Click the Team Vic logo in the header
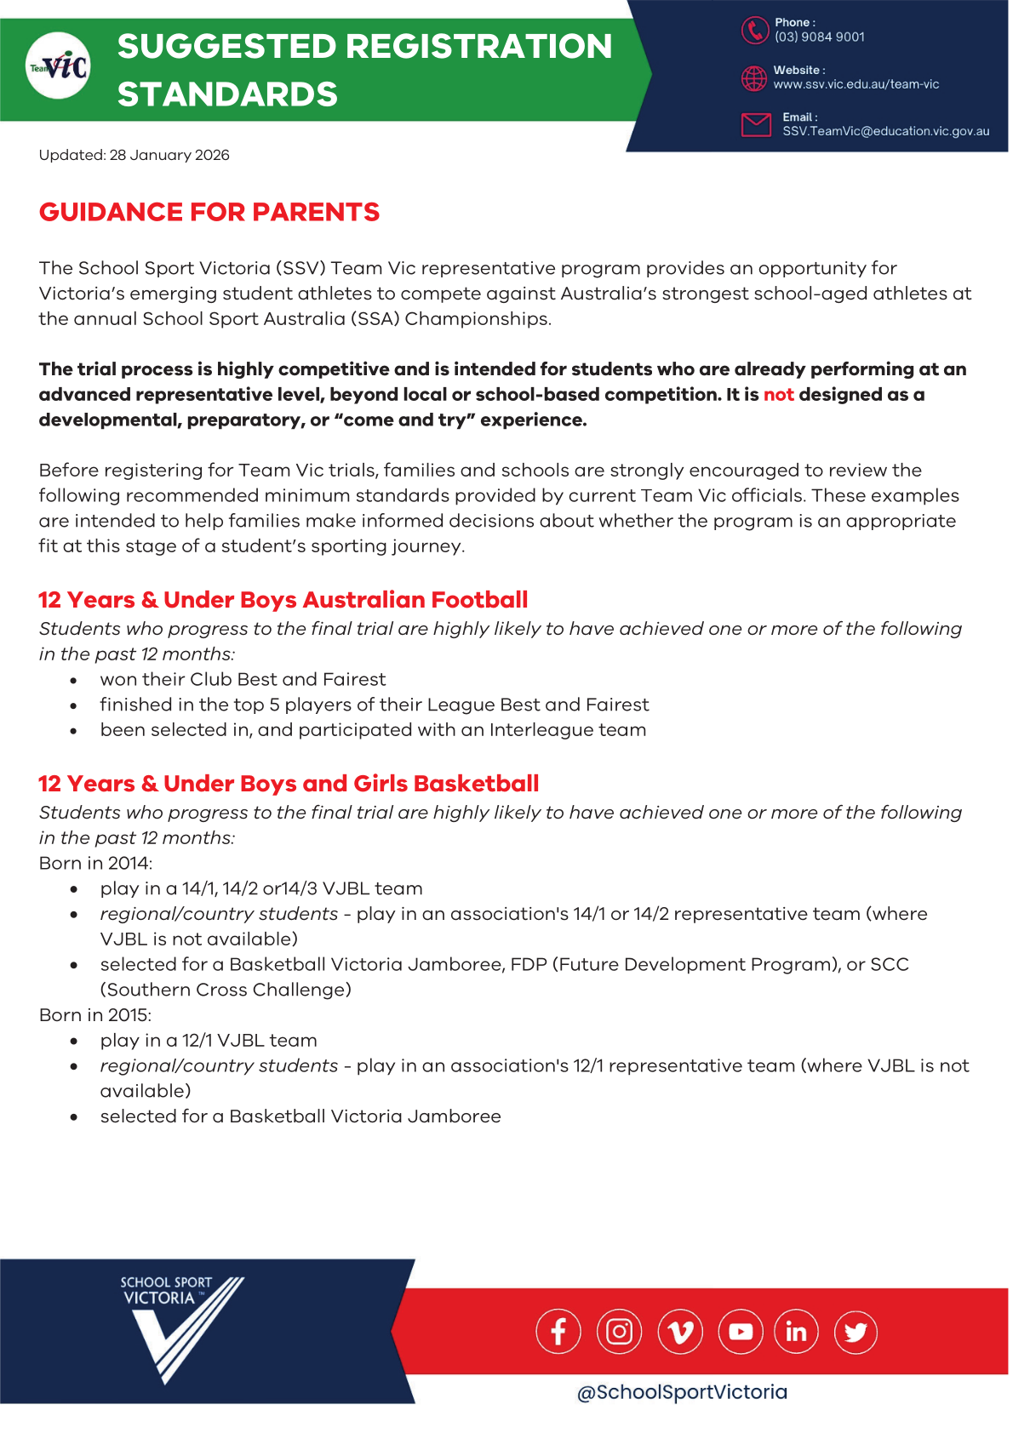(59, 66)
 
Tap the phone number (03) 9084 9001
(819, 37)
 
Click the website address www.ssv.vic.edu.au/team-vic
(856, 84)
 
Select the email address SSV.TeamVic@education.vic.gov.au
(885, 131)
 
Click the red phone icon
(754, 30)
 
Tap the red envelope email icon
(756, 124)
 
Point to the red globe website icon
(754, 78)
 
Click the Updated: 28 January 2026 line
(134, 155)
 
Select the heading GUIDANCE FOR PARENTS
(209, 212)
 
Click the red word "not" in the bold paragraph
(778, 394)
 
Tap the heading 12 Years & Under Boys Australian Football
(283, 600)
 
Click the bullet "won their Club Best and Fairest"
(243, 679)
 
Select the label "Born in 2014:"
(95, 863)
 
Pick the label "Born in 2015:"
(95, 1015)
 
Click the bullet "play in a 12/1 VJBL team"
(209, 1041)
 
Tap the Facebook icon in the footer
(558, 1332)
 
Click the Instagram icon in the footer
(619, 1332)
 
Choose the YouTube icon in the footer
(741, 1332)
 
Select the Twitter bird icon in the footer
(856, 1332)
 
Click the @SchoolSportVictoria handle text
(682, 1392)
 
